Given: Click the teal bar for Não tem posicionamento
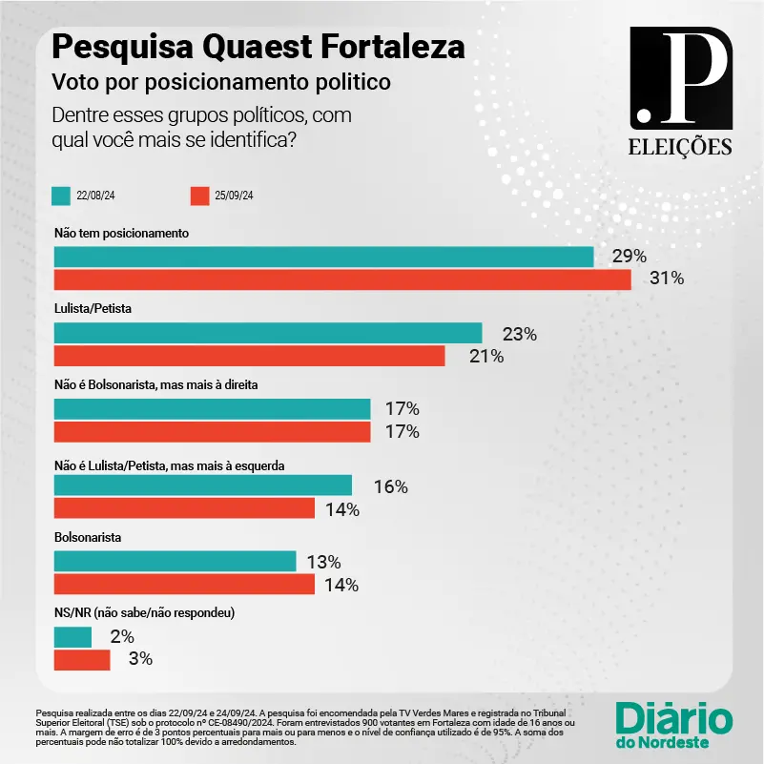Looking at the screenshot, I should point(323,257).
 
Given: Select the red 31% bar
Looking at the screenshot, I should point(342,279).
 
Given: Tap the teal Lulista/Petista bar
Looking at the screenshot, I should point(268,333).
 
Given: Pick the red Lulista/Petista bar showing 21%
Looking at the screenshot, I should point(249,356).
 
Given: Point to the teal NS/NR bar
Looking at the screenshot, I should point(72,636).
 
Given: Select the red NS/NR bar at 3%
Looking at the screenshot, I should point(82,659).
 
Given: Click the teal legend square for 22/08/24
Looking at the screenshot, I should point(61,196).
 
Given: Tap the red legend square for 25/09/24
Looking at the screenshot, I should point(199,196).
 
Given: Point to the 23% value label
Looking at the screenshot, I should point(520,334).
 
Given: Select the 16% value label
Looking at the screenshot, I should point(390,486).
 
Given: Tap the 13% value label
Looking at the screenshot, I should point(323,562).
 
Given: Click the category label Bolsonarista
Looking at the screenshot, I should point(88,537).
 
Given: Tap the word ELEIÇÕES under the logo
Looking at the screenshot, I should point(681,147).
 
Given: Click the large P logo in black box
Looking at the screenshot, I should point(681,76).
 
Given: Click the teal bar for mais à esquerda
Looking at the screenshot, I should point(203,485).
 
